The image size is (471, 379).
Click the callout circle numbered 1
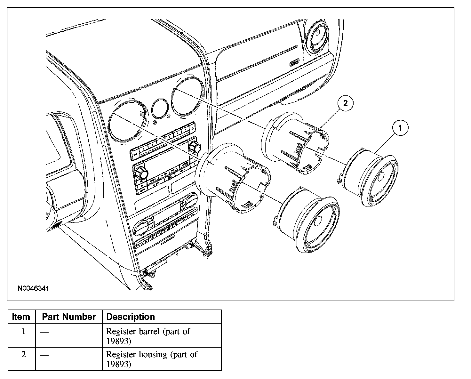point(400,128)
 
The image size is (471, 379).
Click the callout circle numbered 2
point(345,103)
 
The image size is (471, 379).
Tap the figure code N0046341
point(33,288)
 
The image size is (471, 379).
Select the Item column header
point(21,317)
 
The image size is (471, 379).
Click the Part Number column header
point(69,317)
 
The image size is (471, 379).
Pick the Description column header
point(130,317)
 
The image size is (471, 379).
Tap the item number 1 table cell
point(23,331)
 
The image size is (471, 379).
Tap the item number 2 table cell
point(23,355)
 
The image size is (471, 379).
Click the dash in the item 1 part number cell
point(44,332)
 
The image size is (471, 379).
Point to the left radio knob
point(141,173)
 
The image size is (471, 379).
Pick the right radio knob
point(194,147)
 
